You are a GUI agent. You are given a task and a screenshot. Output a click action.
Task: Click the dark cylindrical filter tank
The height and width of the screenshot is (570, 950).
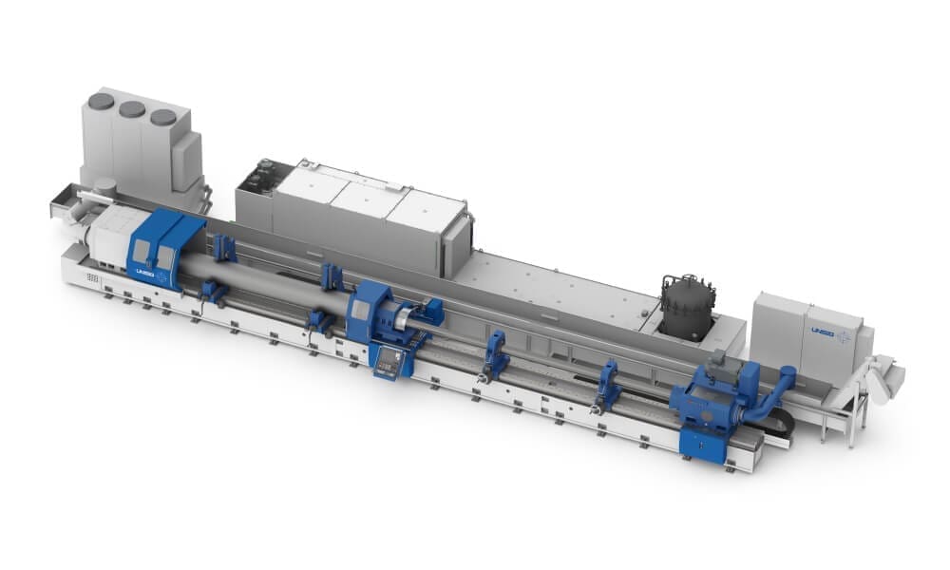coord(686,307)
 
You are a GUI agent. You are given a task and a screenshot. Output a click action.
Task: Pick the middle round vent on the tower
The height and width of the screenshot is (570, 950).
coord(132,109)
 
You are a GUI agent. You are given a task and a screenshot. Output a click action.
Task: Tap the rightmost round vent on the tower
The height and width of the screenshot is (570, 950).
coord(163,117)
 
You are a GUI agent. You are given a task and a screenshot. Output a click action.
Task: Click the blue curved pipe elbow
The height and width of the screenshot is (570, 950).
coord(769,396)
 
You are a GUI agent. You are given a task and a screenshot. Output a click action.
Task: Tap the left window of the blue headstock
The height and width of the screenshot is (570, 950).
coord(140,251)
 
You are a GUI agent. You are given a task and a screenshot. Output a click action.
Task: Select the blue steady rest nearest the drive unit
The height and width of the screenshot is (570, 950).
coord(607,382)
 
